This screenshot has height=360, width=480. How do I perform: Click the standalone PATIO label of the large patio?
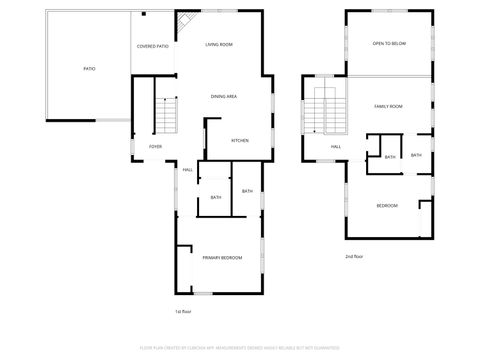pos(89,69)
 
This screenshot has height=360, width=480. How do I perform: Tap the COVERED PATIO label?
pos(153,46)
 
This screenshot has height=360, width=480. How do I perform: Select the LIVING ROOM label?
pos(219,45)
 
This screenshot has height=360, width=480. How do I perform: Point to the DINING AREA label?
pos(223,96)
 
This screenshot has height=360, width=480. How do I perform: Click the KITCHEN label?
pos(240,140)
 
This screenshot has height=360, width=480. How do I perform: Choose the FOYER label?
pos(155,146)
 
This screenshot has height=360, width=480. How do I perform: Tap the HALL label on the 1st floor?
pos(187,169)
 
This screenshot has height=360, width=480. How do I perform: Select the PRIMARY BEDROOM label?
pos(222,258)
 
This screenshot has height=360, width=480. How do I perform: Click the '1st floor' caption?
pos(183,312)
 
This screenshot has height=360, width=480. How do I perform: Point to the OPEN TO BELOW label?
pos(388,44)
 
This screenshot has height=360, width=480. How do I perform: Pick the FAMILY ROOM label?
pos(388,106)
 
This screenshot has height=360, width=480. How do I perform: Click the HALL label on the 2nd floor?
pos(336,147)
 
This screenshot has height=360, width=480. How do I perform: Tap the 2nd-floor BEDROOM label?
pos(387,205)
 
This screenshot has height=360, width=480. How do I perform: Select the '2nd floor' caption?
pos(352,256)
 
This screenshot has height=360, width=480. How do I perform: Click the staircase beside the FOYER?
pos(167,117)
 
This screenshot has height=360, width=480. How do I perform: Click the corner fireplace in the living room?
pos(184,22)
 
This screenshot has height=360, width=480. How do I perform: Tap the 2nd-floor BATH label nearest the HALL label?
pos(389,157)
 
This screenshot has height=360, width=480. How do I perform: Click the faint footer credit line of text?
pos(240,349)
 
